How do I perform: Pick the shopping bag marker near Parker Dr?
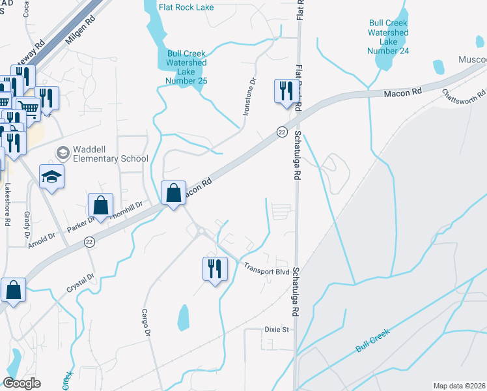point(100,205)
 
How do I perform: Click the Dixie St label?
point(276,330)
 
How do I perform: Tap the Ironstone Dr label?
point(251,97)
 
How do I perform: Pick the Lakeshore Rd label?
point(8,204)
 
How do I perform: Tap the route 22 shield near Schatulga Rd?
point(282,132)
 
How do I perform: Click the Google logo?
point(21,383)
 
